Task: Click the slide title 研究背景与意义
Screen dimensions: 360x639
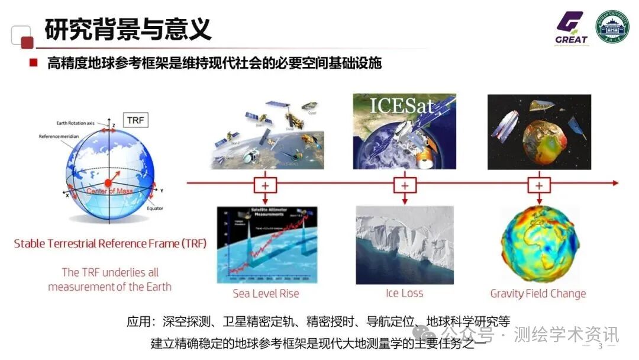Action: [128, 29]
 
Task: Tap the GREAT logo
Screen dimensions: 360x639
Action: [571, 28]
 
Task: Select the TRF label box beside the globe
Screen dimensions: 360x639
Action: [135, 121]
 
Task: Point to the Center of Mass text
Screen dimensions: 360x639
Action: [109, 191]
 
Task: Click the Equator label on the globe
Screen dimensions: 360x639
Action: [155, 208]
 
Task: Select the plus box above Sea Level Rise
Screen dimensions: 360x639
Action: [265, 185]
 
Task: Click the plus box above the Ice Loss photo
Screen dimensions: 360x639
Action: [404, 185]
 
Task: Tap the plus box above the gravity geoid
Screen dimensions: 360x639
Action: [538, 185]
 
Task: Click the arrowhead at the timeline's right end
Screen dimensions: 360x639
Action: [615, 183]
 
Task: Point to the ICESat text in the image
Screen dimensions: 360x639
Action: [402, 106]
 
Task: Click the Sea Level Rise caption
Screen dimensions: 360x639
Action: [266, 294]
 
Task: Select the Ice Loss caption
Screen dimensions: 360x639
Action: [404, 294]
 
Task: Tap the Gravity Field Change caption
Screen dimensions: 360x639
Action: [538, 294]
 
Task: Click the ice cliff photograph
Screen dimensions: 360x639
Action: [404, 245]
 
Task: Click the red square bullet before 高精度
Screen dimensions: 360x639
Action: [34, 63]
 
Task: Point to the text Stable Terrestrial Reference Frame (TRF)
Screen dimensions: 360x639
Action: [110, 243]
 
